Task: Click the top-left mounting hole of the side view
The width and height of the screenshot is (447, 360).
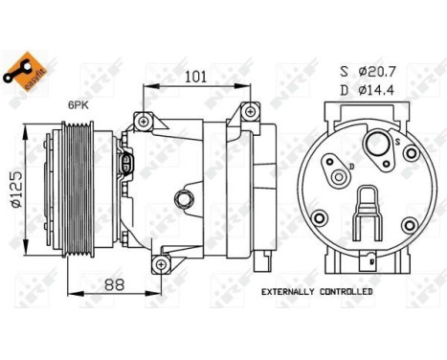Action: point(144,121)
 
